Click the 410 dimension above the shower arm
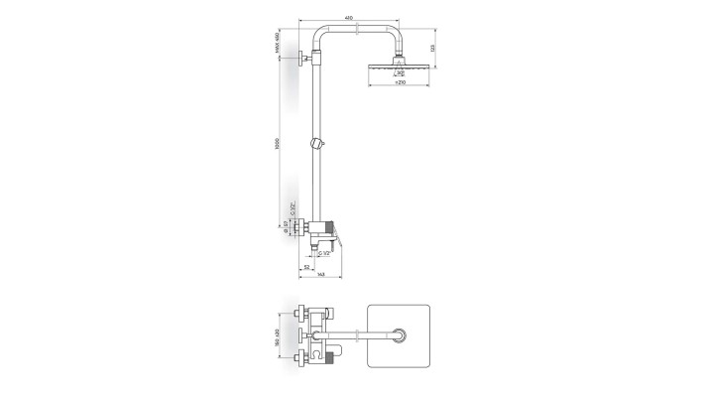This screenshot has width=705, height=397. click(348, 18)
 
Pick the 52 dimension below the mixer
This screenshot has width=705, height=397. click(307, 266)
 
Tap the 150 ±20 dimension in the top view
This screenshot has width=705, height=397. click(279, 336)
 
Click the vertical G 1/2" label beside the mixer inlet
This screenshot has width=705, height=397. click(293, 209)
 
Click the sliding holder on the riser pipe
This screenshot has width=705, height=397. click(316, 144)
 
